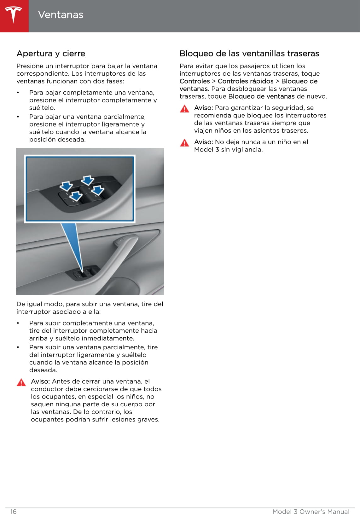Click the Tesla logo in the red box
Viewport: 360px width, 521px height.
[x=14, y=15]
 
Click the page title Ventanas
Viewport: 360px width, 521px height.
[x=61, y=15]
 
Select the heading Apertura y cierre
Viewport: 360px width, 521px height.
[x=51, y=54]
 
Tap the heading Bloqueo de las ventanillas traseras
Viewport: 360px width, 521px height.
[x=249, y=54]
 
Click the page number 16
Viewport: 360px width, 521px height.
[x=13, y=512]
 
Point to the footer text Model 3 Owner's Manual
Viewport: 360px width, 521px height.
[x=311, y=512]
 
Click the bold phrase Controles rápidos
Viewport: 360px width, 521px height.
[x=246, y=81]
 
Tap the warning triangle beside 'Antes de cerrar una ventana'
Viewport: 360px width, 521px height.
[x=21, y=382]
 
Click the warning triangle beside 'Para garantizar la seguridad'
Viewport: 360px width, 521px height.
[x=184, y=109]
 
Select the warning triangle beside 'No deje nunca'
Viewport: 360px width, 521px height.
[x=184, y=143]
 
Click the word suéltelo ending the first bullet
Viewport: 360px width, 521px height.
[x=42, y=108]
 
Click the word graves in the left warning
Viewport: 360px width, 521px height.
[x=149, y=420]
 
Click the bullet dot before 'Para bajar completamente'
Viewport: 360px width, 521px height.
[x=18, y=93]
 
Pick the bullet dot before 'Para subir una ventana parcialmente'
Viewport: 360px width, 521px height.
[x=18, y=347]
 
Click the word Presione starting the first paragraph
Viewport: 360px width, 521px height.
[x=30, y=66]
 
